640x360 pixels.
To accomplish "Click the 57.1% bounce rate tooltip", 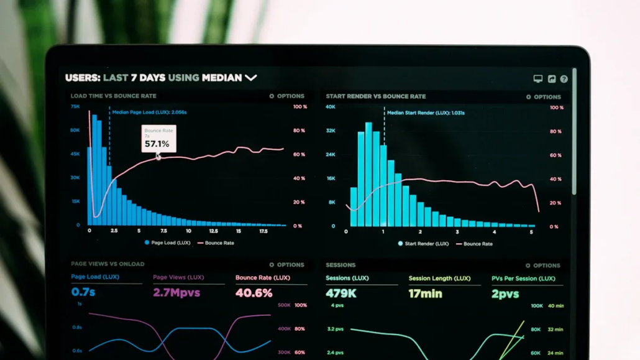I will (x=158, y=139).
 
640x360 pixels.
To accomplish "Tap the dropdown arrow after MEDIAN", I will (x=250, y=78).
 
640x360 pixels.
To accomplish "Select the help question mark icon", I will (x=564, y=79).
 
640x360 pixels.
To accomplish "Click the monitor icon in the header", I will (x=537, y=79).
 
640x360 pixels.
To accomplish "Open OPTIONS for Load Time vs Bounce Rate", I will (x=286, y=96).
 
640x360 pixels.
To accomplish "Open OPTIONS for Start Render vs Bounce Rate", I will (x=543, y=97).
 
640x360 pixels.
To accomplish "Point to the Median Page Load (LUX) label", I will (x=149, y=113).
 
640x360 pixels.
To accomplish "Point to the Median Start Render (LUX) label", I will (x=425, y=113).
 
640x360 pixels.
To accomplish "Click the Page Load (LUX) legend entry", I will (x=167, y=242).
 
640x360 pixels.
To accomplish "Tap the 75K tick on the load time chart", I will (x=75, y=106).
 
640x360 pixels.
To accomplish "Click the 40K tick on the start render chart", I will (x=331, y=107).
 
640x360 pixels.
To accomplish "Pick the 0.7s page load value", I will (x=83, y=292).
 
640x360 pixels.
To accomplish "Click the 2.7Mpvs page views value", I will (x=176, y=293).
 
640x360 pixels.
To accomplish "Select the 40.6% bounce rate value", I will (x=254, y=293).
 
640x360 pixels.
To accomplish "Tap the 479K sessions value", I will (x=341, y=293).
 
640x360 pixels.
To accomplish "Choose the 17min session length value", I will (x=425, y=293).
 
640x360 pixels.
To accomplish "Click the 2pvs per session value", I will (x=505, y=294).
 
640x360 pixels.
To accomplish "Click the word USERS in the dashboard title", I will (x=82, y=78).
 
